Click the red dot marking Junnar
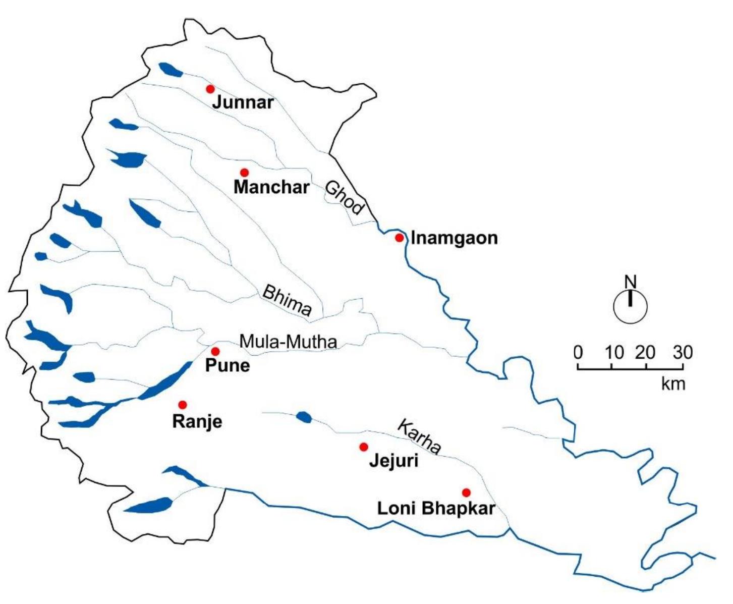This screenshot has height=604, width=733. click(210, 89)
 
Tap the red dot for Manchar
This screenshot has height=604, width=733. click(244, 173)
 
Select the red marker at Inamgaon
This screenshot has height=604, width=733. click(400, 238)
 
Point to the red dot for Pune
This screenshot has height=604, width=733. click(215, 351)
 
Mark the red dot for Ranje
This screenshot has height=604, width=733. click(183, 405)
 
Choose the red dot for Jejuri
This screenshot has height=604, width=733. click(363, 447)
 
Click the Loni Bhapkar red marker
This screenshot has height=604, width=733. click(466, 492)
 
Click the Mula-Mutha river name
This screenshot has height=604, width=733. click(288, 342)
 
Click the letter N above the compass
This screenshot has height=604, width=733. click(631, 282)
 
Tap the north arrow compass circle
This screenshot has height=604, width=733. click(630, 307)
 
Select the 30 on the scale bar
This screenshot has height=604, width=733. click(683, 352)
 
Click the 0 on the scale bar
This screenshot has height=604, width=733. click(579, 352)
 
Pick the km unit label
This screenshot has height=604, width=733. click(673, 383)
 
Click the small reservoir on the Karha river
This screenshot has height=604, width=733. click(304, 417)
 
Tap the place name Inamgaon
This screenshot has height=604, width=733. click(454, 238)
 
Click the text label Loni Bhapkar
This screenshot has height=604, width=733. click(436, 509)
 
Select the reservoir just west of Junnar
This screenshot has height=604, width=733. click(170, 70)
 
